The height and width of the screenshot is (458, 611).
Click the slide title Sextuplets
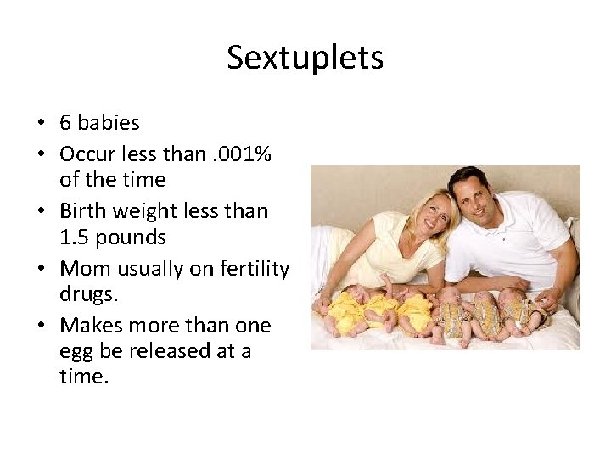pos(305,59)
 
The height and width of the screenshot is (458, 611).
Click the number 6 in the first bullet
pos(65,123)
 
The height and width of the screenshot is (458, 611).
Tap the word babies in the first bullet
pos(108,123)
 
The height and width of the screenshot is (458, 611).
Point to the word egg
pos(75,350)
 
